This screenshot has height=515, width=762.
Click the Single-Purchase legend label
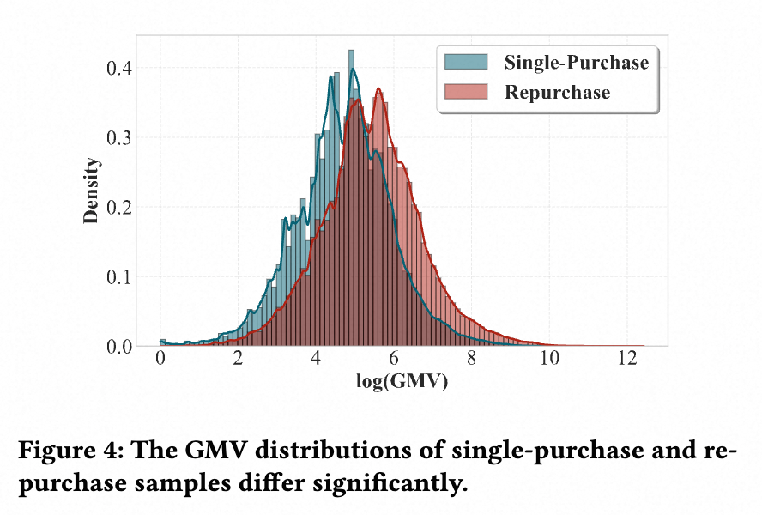(577, 62)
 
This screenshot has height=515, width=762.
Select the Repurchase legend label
(558, 92)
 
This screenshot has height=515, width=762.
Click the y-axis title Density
(92, 191)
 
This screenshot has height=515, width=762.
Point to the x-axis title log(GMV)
(402, 383)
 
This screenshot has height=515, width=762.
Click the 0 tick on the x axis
(160, 361)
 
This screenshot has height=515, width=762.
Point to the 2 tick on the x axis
(238, 361)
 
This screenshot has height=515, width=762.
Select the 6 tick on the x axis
(394, 361)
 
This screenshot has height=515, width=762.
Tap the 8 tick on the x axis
(472, 361)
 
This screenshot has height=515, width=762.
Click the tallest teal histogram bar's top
(351, 51)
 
